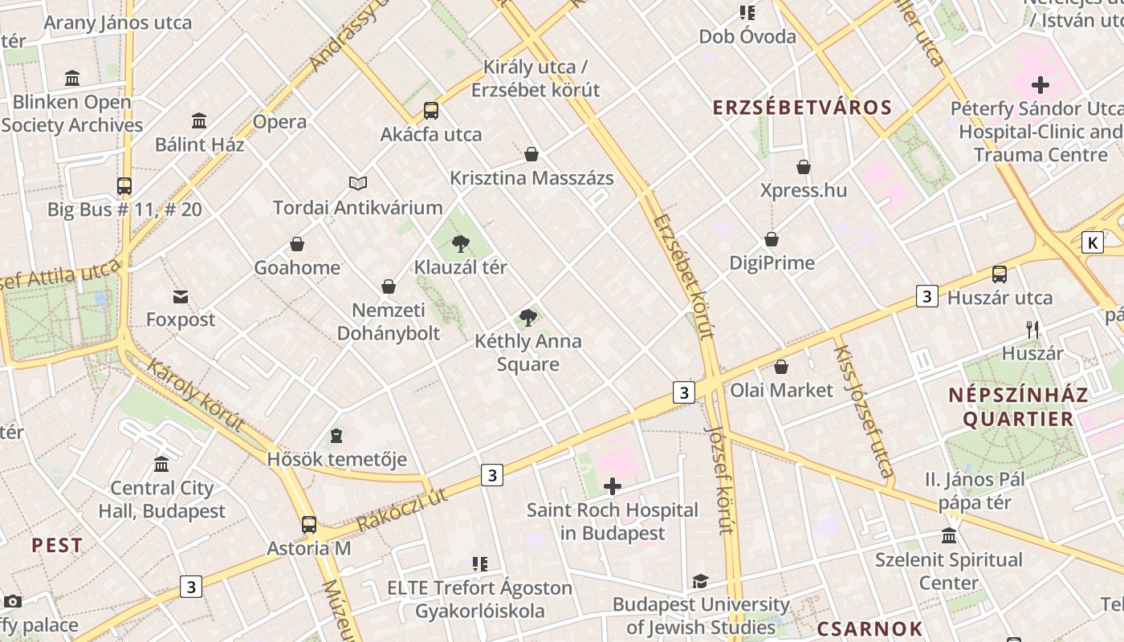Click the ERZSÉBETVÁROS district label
802,108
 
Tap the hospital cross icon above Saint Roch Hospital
613,486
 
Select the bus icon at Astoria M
309,525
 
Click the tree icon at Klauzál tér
461,243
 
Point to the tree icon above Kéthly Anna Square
528,318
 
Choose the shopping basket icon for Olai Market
781,368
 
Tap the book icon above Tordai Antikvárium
358,184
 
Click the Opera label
279,122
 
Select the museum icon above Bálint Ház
199,121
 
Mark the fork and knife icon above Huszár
1032,329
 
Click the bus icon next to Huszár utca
1000,274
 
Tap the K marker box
1092,242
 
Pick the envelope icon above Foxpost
181,297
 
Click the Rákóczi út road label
401,510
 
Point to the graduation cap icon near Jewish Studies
701,581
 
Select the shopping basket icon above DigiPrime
772,239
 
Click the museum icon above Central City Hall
161,465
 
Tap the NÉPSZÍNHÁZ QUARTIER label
1018,406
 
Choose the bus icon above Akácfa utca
431,111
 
